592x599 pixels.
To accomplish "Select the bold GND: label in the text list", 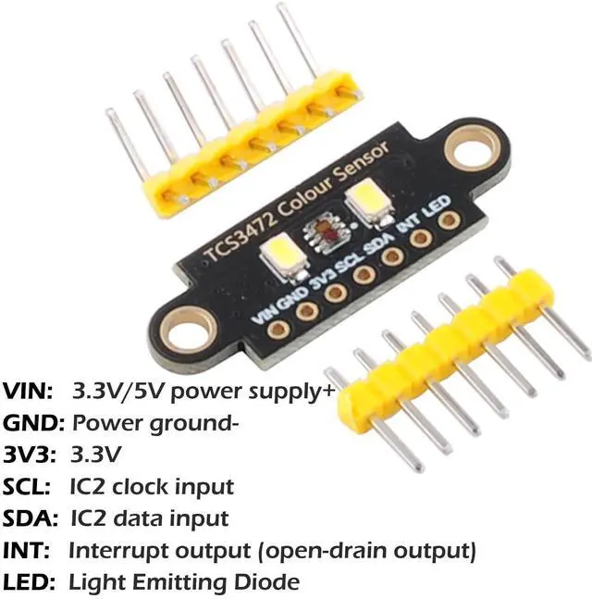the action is tap(33, 423).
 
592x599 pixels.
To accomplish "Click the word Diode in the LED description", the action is tap(266, 582).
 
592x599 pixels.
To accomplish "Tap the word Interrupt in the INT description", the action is tap(115, 551).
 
